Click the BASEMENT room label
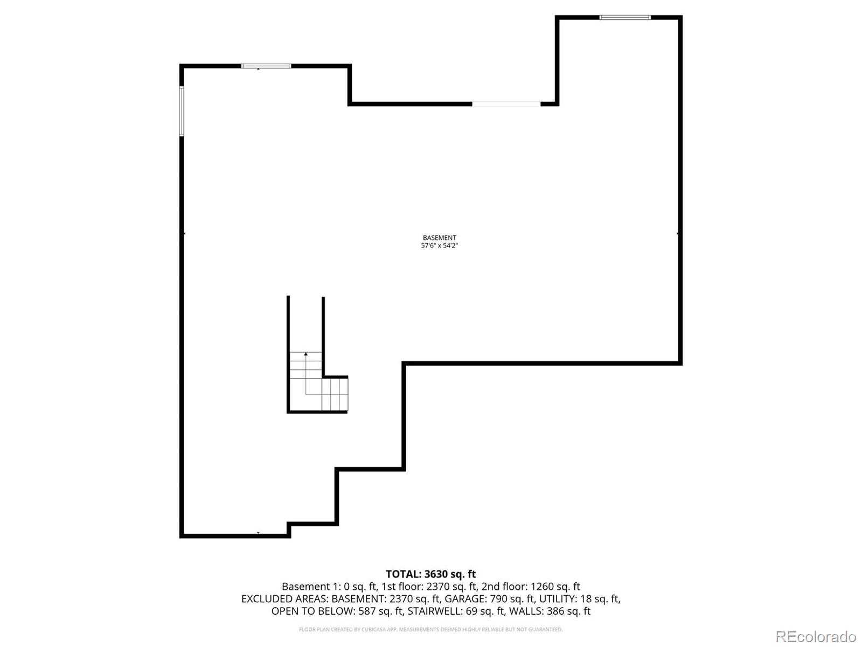pos(439,238)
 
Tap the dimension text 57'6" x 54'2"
pos(439,246)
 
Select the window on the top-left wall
pos(266,66)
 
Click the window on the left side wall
pos(182,111)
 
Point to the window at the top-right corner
pos(625,18)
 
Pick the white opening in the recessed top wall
pos(506,104)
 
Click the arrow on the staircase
pos(306,354)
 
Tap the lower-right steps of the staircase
pos(335,394)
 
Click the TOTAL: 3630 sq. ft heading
pos(430,574)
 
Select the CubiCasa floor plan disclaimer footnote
pos(430,630)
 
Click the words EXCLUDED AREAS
pos(284,599)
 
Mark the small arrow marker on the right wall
pos(677,233)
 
